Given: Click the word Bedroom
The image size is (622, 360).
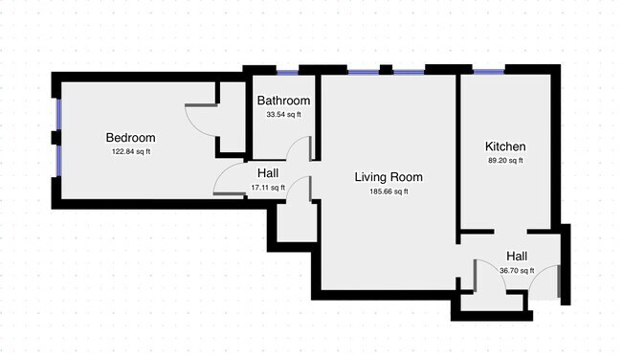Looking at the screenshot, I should tap(130, 138).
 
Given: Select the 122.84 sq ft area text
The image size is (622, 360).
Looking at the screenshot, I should tap(130, 151).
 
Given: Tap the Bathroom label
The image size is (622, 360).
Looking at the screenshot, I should tap(283, 101).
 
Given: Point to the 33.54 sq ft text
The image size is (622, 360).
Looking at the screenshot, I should tap(283, 115).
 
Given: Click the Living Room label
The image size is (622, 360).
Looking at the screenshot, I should tap(388, 177).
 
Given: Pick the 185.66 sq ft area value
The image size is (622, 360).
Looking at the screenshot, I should tap(388, 191).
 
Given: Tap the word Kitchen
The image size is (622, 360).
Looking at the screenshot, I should tap(504, 146).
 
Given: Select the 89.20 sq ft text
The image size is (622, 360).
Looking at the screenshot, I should tap(504, 161).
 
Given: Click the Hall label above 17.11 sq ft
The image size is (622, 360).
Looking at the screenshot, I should tap(268, 173).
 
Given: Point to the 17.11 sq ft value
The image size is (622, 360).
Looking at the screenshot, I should tap(268, 188).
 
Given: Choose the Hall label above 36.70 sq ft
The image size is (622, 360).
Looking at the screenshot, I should tap(517, 257).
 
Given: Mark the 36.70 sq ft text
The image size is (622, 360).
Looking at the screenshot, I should tap(517, 271).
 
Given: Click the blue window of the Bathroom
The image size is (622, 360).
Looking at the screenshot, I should tap(286, 71).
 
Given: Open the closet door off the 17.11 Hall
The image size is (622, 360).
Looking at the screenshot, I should tap(305, 189).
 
